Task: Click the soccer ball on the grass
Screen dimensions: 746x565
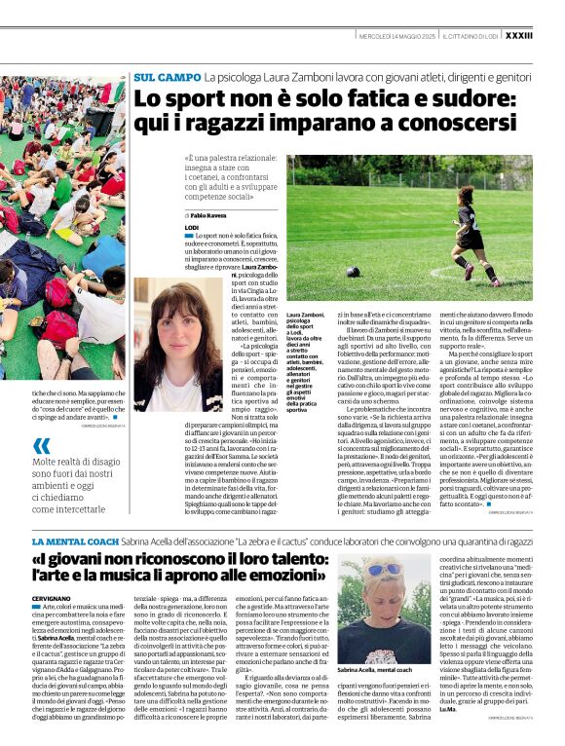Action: click(352, 272)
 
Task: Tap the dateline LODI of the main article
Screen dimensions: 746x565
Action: click(193, 225)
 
